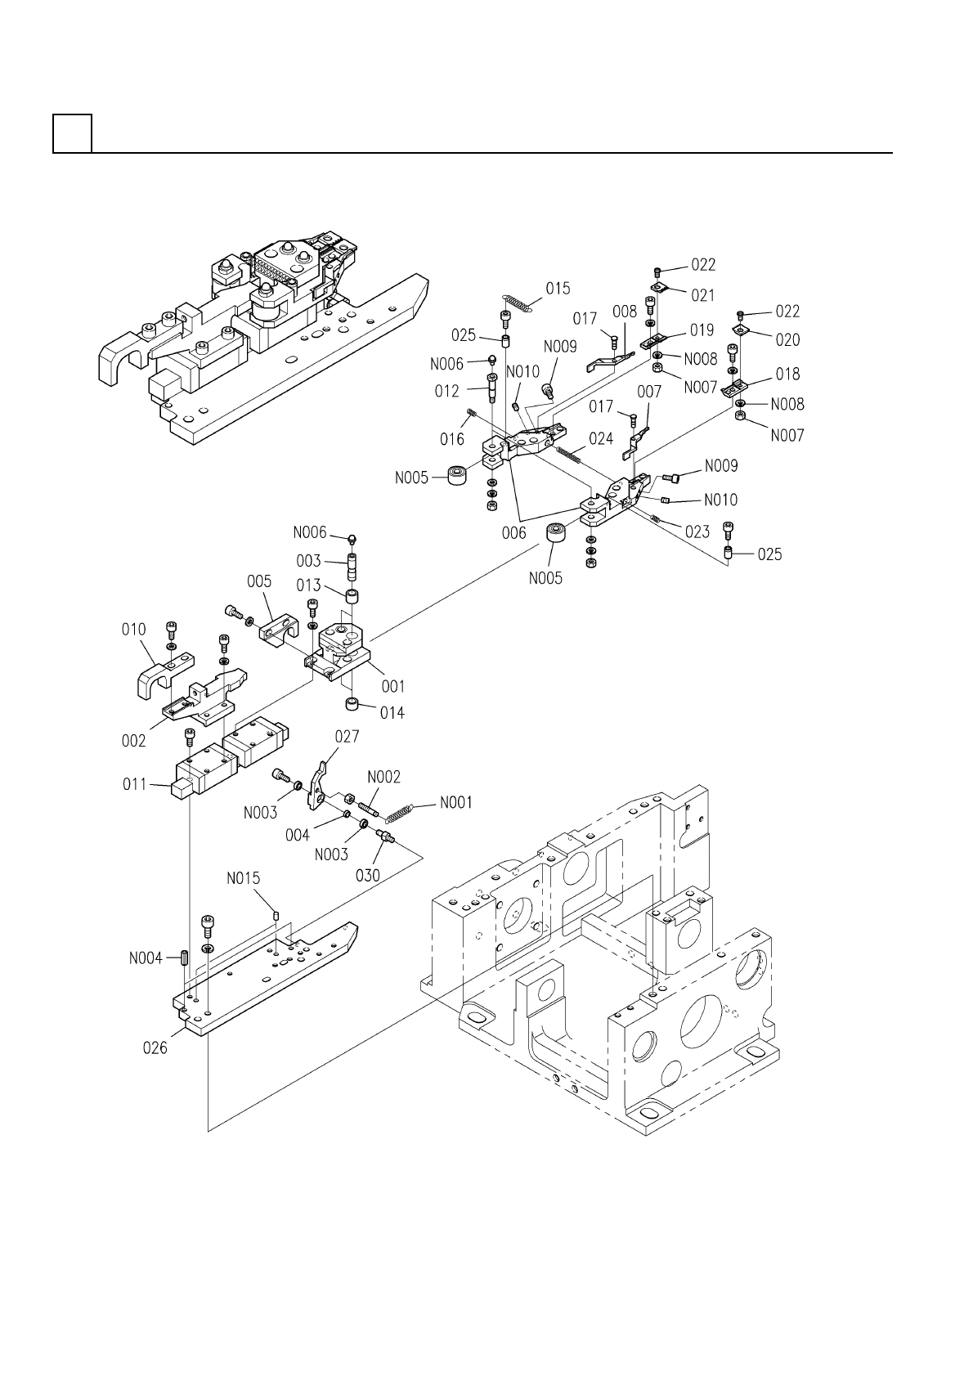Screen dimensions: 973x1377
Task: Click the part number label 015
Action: click(x=558, y=289)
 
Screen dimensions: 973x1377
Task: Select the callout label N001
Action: click(x=456, y=803)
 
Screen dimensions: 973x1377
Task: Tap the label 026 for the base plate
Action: click(x=155, y=1048)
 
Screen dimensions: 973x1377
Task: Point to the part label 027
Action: click(x=347, y=737)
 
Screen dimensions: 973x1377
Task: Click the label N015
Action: click(x=244, y=879)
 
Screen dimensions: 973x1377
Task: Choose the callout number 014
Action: click(x=392, y=713)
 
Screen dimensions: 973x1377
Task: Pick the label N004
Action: click(x=146, y=958)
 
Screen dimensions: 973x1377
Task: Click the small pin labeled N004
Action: click(x=184, y=958)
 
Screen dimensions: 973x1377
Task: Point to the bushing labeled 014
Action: click(x=352, y=704)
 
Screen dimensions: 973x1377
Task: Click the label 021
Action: click(x=703, y=296)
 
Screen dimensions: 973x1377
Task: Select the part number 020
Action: click(x=787, y=340)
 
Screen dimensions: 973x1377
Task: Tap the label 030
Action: click(x=368, y=876)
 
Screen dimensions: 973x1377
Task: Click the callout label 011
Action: click(x=135, y=784)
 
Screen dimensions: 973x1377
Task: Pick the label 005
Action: click(x=258, y=581)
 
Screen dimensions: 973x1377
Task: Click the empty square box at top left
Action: click(x=73, y=133)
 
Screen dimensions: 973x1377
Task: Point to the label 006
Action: click(x=513, y=533)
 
